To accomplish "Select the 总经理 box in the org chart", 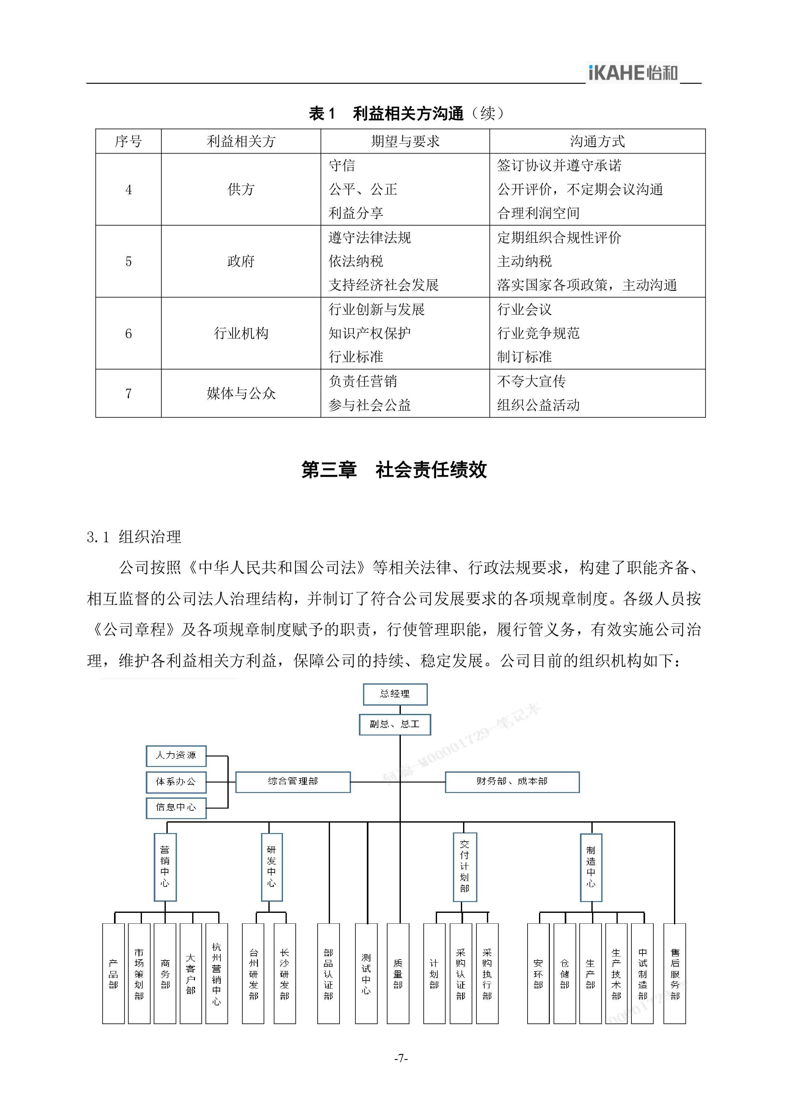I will [x=395, y=694].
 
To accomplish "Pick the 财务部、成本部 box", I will [x=512, y=782].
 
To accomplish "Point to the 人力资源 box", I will [x=176, y=756].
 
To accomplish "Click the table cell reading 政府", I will [x=241, y=261].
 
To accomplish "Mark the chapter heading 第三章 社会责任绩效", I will [x=394, y=469].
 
